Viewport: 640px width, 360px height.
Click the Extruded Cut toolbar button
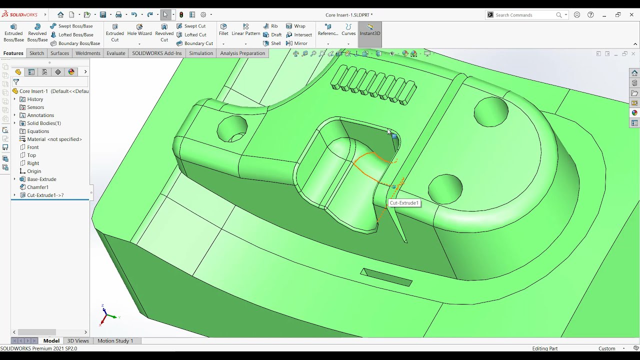(114, 33)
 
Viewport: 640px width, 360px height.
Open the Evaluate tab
(115, 53)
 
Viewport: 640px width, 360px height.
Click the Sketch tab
(36, 53)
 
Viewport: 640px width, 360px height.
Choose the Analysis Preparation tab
(242, 53)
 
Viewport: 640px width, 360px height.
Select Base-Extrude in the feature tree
(41, 179)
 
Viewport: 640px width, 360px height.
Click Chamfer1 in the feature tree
(37, 187)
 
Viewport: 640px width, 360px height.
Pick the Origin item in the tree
(34, 171)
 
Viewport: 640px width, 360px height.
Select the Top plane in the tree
(31, 155)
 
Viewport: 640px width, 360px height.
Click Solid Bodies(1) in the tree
(44, 123)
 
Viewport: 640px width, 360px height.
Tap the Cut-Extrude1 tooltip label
(404, 203)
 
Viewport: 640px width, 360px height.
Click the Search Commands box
(525, 15)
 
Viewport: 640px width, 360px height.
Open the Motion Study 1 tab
(115, 340)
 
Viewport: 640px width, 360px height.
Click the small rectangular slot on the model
(386, 277)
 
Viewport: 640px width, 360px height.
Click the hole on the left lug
(232, 128)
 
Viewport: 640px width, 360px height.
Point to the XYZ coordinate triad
(106, 315)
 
